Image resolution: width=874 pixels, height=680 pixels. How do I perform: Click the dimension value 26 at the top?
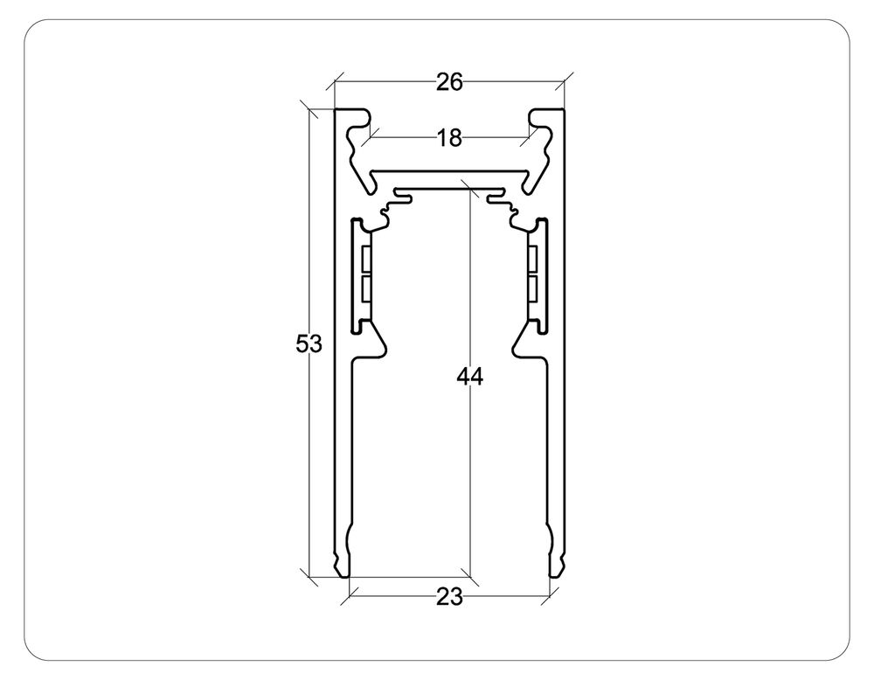point(448,82)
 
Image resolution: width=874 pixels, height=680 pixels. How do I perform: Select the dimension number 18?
point(448,138)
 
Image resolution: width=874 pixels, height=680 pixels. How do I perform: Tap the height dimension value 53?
point(309,344)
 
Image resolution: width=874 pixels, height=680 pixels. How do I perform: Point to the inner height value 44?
point(469,377)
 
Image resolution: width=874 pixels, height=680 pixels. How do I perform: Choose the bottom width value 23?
point(448,598)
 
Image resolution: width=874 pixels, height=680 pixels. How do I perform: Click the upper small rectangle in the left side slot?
point(365,258)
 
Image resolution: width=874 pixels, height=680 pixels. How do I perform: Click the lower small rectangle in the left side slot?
point(365,289)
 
